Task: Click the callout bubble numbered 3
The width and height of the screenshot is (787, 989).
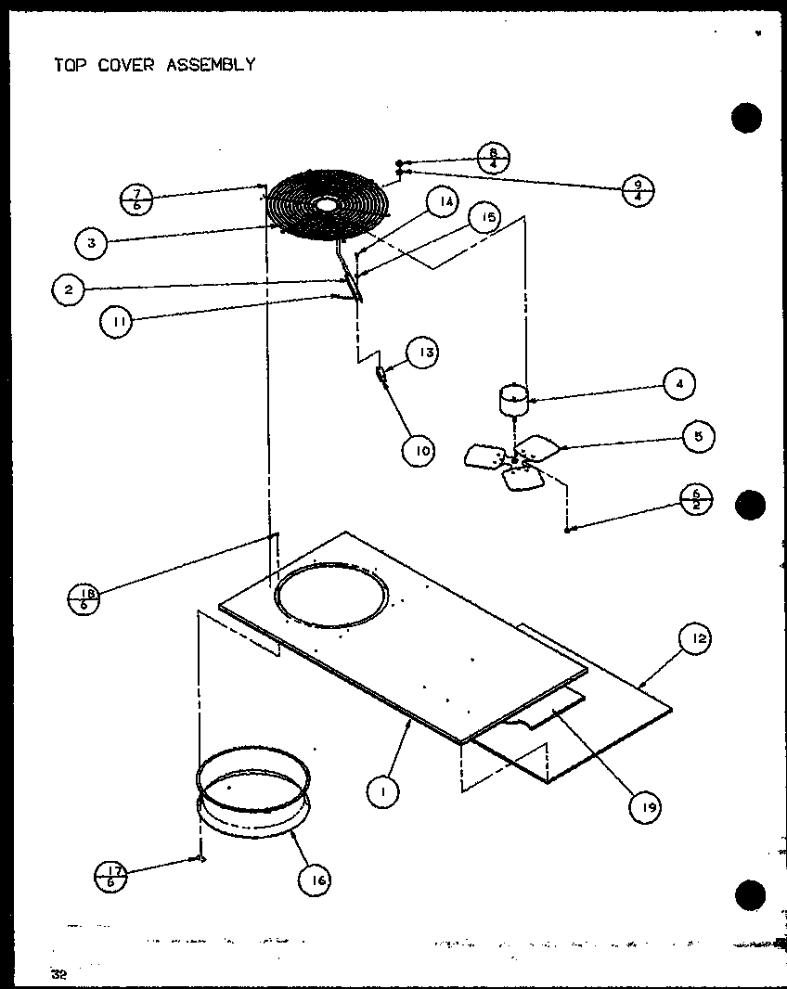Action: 91,243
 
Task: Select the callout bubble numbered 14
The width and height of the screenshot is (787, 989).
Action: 444,202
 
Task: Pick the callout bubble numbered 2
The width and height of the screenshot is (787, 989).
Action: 69,289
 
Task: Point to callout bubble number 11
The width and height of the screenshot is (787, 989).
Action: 116,322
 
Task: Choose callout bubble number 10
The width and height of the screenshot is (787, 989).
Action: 419,451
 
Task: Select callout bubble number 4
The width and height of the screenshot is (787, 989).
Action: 679,383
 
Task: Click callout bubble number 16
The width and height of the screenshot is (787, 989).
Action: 315,878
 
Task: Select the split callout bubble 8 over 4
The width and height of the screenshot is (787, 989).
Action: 495,156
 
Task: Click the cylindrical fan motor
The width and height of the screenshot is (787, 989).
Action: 513,401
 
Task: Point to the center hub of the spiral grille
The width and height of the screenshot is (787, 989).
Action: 326,203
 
